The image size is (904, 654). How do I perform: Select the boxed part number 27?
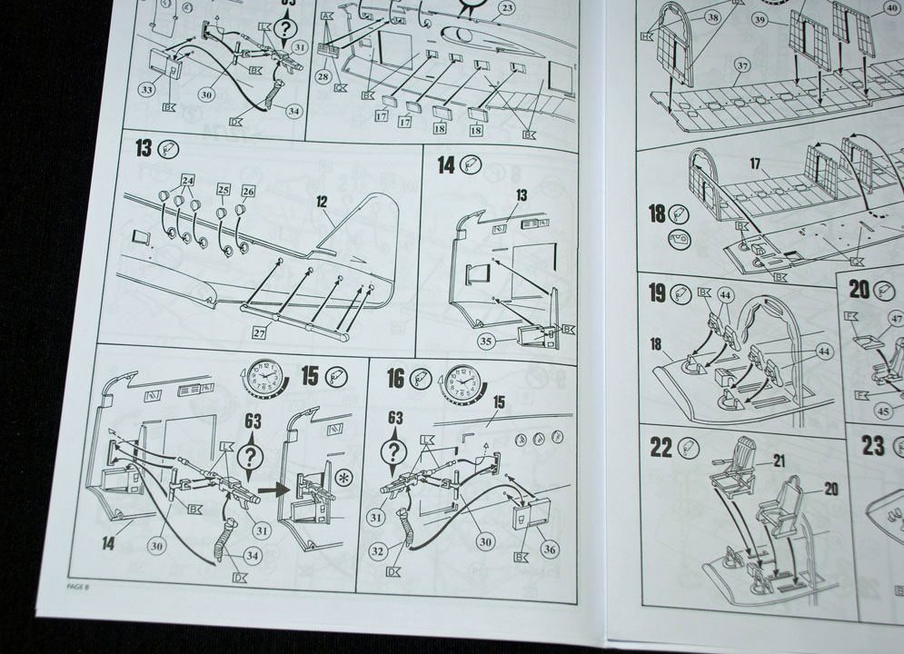tap(259, 333)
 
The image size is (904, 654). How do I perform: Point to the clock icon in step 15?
tap(263, 379)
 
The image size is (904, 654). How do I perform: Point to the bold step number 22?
tap(661, 448)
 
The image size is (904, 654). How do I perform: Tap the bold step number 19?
tap(657, 294)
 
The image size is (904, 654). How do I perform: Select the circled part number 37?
tap(743, 64)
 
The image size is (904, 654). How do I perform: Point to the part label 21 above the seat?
tap(779, 461)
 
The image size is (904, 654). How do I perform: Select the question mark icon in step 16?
tap(394, 450)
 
